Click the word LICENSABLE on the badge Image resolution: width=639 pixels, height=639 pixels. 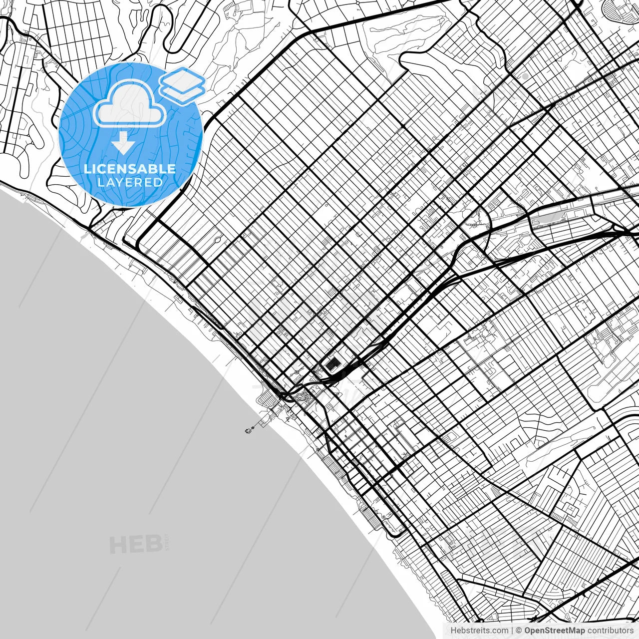click(x=130, y=169)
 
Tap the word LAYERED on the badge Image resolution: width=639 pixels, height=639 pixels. click(x=130, y=182)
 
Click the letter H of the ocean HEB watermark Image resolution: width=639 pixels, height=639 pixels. click(x=118, y=545)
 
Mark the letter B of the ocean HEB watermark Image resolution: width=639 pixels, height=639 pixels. click(x=153, y=545)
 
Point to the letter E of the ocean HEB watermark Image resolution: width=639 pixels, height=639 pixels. click(x=136, y=545)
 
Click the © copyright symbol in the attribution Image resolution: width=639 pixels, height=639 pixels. click(x=519, y=631)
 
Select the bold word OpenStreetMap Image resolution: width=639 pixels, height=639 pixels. click(x=554, y=631)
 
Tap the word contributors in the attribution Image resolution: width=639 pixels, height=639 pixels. click(x=610, y=631)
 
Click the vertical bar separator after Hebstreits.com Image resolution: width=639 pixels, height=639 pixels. click(x=512, y=631)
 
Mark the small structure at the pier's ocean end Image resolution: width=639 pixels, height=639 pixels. click(x=248, y=430)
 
